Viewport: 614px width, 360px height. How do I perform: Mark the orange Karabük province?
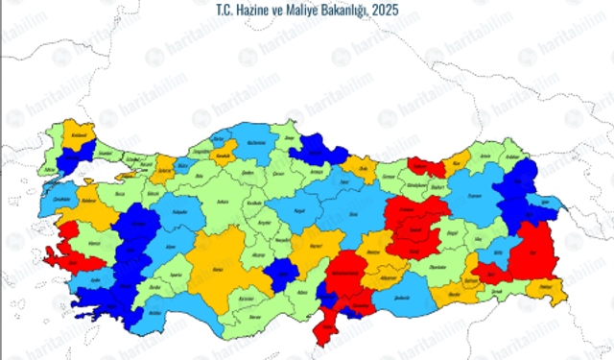coord(224,155)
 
